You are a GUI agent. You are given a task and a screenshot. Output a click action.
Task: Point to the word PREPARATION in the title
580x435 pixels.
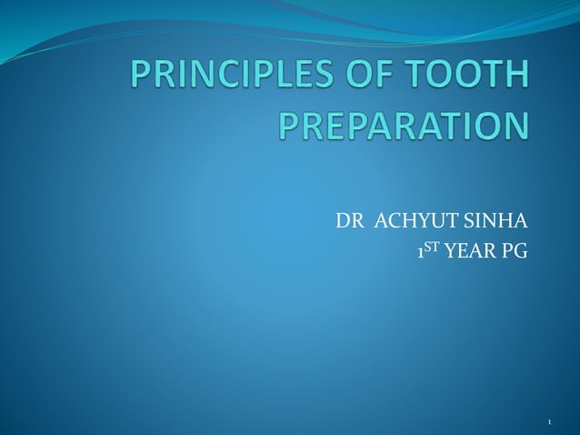click(402, 126)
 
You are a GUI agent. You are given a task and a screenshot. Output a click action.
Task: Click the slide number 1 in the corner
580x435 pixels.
click(551, 421)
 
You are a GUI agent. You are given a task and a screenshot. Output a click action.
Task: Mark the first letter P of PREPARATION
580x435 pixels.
click(290, 126)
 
